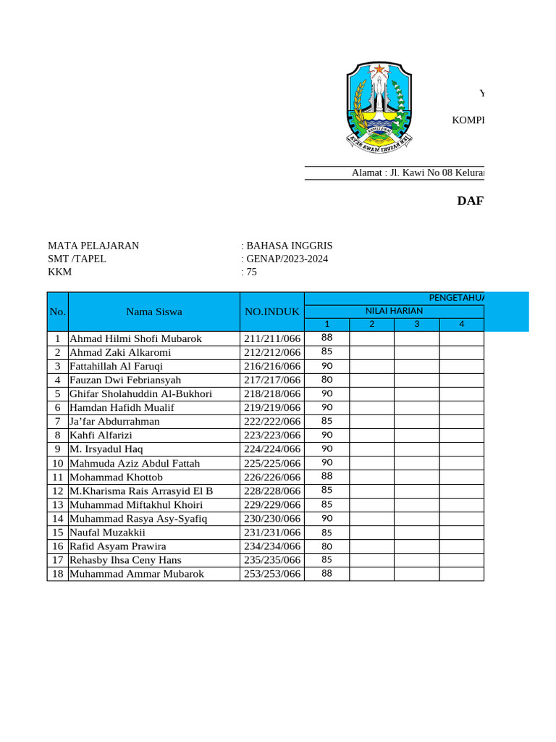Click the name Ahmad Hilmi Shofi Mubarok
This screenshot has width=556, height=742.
click(x=135, y=338)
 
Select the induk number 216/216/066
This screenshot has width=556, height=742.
click(x=272, y=366)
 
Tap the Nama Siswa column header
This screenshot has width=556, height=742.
click(x=154, y=312)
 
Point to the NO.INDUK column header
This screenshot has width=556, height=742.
click(x=272, y=312)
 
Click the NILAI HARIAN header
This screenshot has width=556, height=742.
click(x=394, y=311)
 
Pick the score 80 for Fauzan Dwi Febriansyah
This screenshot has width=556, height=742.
click(x=327, y=380)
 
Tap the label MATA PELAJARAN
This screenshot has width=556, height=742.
click(x=93, y=246)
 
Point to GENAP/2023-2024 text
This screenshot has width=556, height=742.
click(x=287, y=259)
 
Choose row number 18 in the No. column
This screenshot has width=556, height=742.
click(x=57, y=574)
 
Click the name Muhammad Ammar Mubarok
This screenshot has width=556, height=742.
click(x=137, y=574)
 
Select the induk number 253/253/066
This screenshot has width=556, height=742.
click(x=272, y=574)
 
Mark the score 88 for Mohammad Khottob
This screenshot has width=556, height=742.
click(x=327, y=476)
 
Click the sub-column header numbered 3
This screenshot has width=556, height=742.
click(x=416, y=324)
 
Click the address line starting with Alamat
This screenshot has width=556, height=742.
click(x=418, y=172)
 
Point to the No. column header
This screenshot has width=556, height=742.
click(x=57, y=312)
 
